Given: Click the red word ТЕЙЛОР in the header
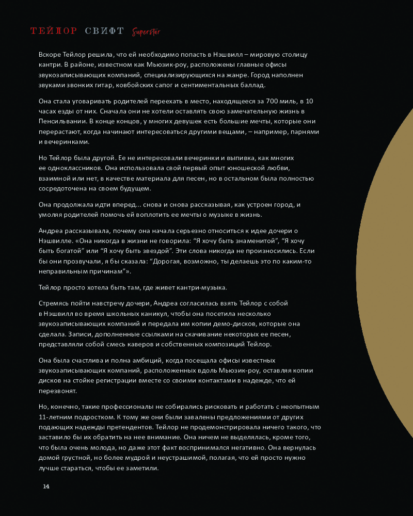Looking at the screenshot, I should [x=54, y=31].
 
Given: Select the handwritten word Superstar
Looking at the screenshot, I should [x=146, y=32].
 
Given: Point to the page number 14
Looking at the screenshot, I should [x=46, y=487].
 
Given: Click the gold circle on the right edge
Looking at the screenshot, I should [x=392, y=273].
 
